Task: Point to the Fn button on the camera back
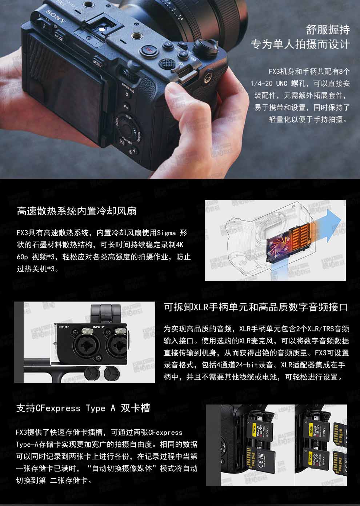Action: pyautogui.click(x=126, y=107)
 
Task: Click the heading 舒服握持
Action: pyautogui.click(x=328, y=30)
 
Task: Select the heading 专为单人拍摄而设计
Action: pyautogui.click(x=300, y=44)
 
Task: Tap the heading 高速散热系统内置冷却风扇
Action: pyautogui.click(x=77, y=211)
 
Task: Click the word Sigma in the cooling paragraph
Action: pyautogui.click(x=166, y=233)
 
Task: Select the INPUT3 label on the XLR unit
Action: pyautogui.click(x=64, y=327)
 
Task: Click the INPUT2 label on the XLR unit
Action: pyautogui.click(x=98, y=327)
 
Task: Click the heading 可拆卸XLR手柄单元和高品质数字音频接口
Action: pyautogui.click(x=256, y=307)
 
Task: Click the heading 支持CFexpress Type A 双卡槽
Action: pyautogui.click(x=83, y=408)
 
